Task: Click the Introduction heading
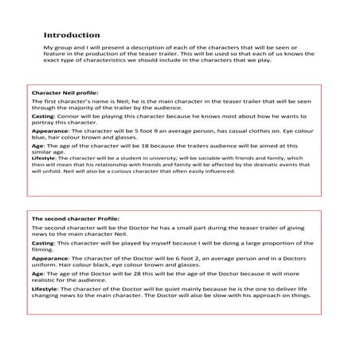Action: [x=72, y=35]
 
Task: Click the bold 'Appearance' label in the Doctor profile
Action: [x=49, y=260]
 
